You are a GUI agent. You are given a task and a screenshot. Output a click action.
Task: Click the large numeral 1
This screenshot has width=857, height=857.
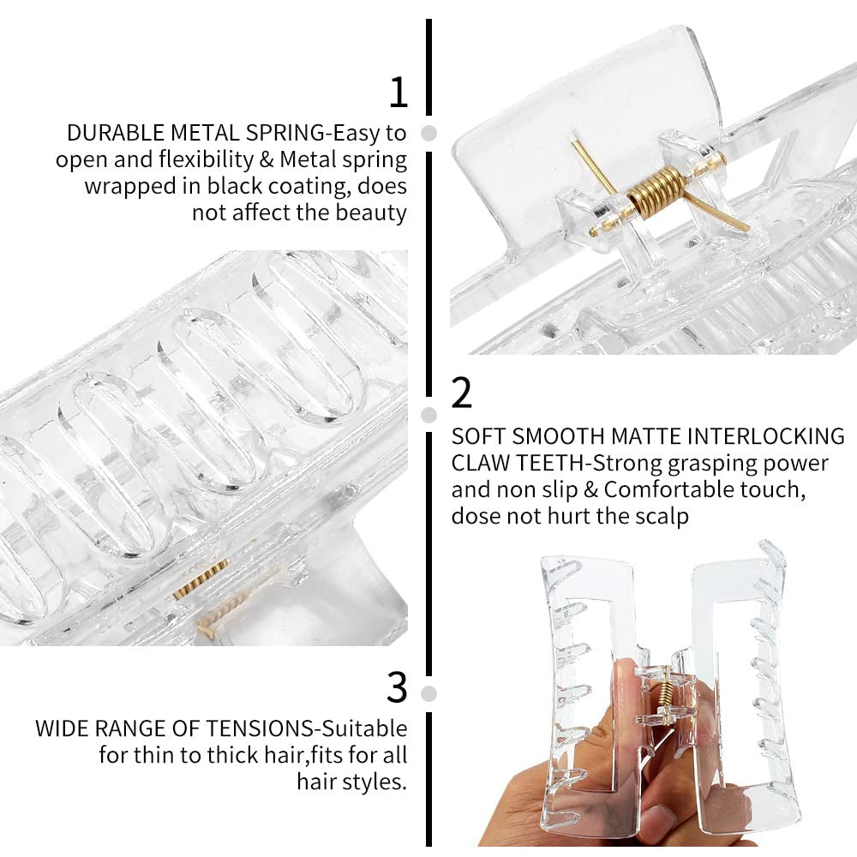[398, 92]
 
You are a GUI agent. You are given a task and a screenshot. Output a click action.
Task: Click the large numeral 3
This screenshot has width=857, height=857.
[397, 686]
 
